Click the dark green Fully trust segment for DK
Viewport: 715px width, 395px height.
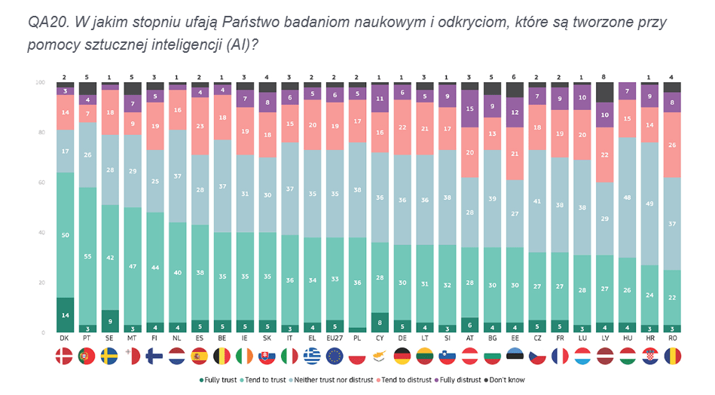coord(64,315)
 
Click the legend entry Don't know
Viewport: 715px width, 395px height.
coord(508,380)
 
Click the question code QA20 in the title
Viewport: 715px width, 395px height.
coord(42,22)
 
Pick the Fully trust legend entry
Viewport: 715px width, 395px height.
coord(220,380)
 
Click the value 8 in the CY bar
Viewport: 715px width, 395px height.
coord(380,323)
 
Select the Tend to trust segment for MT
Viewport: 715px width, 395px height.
coord(132,266)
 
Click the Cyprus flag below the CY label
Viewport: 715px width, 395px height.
coord(380,356)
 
